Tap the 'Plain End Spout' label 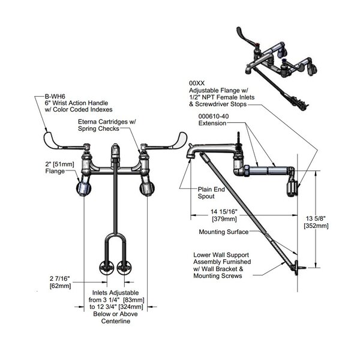pos(209,192)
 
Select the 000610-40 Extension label pos(213,119)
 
